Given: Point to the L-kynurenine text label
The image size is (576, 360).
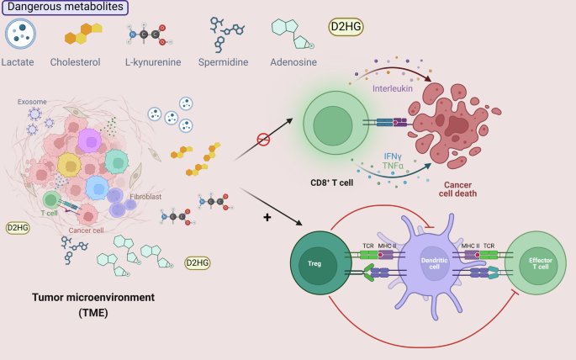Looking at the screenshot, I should coord(153,61).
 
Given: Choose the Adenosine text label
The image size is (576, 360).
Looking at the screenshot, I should coord(295,61).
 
